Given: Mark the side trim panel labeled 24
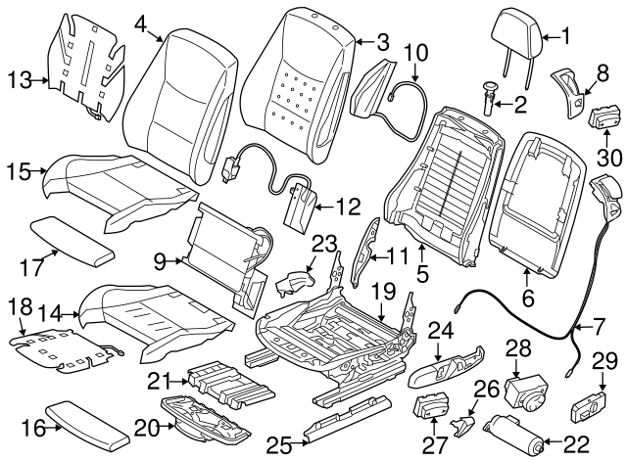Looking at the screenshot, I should pyautogui.click(x=440, y=374).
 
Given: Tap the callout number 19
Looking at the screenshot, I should pyautogui.click(x=382, y=290).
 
